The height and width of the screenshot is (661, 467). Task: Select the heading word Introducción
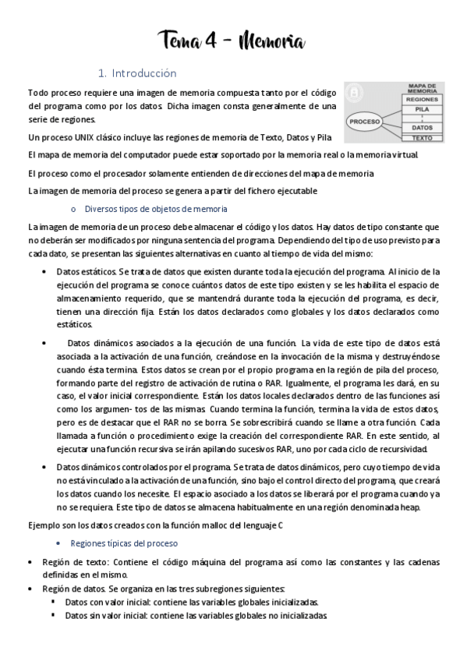144,73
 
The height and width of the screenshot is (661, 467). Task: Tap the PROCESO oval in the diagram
364,122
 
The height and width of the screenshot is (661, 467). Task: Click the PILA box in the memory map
422,111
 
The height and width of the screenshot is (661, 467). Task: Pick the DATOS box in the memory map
422,126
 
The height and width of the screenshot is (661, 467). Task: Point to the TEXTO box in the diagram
422,138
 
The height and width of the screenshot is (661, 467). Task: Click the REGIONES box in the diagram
422,100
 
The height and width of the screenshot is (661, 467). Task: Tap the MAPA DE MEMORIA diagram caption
422,87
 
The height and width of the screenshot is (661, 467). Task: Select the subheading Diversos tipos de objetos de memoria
156,208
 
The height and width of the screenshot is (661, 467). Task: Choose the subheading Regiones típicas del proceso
125,543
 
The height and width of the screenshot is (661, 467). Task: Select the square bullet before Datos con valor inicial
54,602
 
